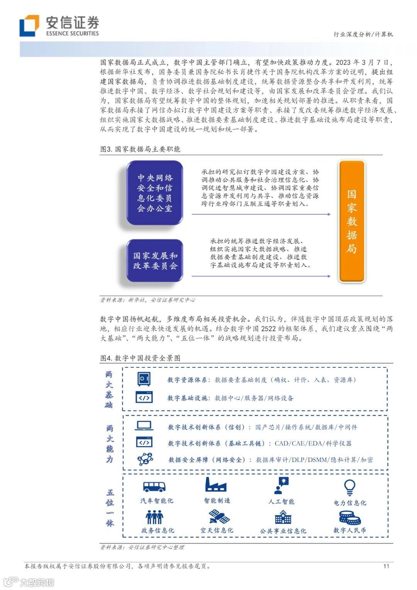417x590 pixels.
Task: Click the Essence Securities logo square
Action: point(29,26)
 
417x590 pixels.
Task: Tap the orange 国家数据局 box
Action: point(351,221)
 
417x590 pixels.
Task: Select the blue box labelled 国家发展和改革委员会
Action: point(155,261)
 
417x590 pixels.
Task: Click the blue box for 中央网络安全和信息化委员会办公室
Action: point(155,193)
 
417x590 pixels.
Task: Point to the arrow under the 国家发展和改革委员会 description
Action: point(261,276)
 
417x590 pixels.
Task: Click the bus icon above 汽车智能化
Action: point(154,486)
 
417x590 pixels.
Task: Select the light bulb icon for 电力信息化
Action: point(349,487)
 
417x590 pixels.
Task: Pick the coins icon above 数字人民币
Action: point(349,517)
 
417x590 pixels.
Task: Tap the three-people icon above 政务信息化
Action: point(154,517)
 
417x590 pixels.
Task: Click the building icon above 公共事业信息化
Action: point(283,517)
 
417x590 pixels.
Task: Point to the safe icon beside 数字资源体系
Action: point(144,379)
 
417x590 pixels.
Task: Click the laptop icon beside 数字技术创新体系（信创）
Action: point(144,426)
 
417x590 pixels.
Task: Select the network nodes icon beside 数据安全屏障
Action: point(145,459)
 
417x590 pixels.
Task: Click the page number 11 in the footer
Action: point(386,566)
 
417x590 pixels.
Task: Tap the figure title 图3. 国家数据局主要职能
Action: point(140,149)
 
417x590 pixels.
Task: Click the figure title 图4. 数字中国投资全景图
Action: point(140,358)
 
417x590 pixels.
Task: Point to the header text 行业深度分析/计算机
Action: point(363,34)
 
